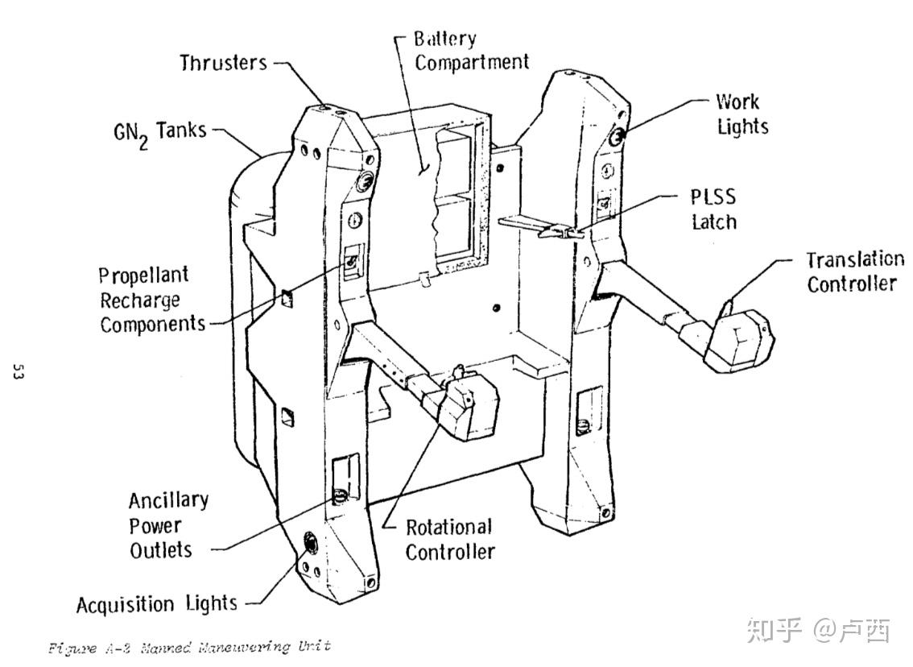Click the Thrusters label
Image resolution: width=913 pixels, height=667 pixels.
(224, 62)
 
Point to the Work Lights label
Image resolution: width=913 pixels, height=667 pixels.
(742, 114)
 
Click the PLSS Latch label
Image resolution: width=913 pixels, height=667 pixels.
(713, 209)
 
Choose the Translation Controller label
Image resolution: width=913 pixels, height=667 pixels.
(855, 271)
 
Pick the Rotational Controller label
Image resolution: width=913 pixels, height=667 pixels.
(448, 540)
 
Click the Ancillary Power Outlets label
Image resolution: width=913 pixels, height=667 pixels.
(167, 525)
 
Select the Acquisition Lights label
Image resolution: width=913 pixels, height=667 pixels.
(157, 604)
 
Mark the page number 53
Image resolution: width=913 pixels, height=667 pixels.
(18, 372)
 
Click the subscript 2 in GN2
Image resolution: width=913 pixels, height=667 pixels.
(145, 142)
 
